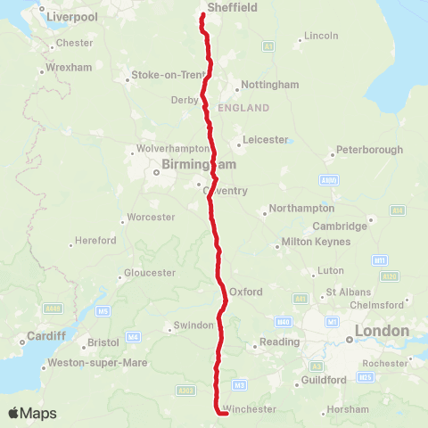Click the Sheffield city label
(x=232, y=7)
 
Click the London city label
(x=382, y=332)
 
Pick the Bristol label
(x=103, y=342)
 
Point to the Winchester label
(x=249, y=409)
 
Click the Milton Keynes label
(x=312, y=242)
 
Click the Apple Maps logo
(x=32, y=413)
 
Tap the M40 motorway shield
(x=284, y=321)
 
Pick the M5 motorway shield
(x=103, y=310)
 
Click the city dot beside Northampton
(x=265, y=212)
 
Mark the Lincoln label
(x=321, y=36)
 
